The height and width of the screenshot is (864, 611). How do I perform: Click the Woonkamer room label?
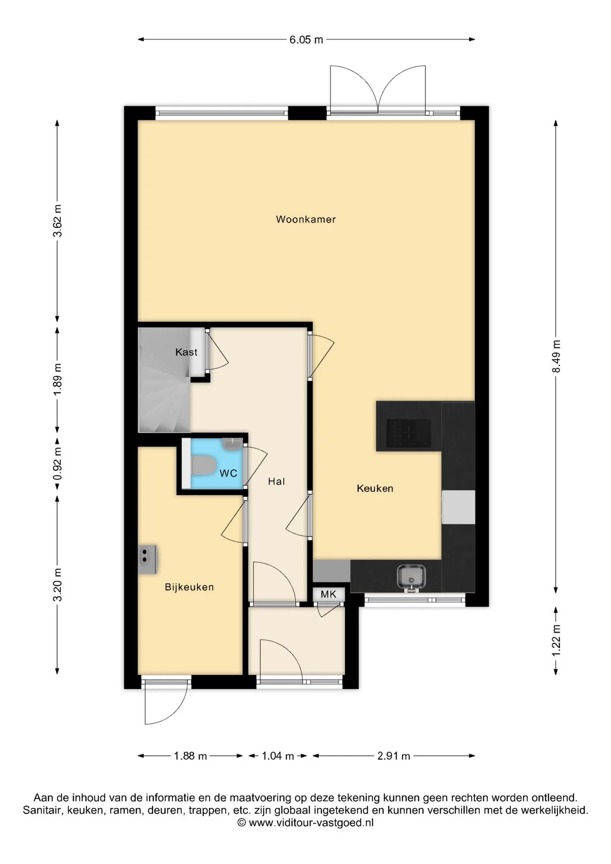(306, 220)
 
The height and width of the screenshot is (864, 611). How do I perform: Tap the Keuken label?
(375, 489)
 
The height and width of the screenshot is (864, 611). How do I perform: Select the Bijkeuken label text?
(189, 587)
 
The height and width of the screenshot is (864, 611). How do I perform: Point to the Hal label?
(276, 481)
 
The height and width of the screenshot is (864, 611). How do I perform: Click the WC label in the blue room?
(228, 473)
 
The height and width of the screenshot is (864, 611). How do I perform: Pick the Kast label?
(186, 352)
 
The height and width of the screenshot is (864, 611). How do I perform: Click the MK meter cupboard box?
(328, 594)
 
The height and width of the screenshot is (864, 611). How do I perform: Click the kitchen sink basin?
(411, 577)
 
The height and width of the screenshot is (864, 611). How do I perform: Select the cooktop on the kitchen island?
(409, 432)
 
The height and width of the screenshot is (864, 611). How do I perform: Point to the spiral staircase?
(164, 380)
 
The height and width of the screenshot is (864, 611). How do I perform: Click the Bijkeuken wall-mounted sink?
(147, 559)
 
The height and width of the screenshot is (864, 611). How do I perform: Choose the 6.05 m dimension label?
(306, 40)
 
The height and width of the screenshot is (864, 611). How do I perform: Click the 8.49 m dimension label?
(557, 356)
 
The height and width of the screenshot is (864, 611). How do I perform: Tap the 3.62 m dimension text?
(58, 220)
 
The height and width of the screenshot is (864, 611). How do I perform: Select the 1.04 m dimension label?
(278, 756)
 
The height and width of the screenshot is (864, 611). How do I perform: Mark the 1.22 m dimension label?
(557, 640)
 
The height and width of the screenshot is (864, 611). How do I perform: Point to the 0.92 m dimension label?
(58, 463)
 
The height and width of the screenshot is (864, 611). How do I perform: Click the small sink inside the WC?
(232, 444)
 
